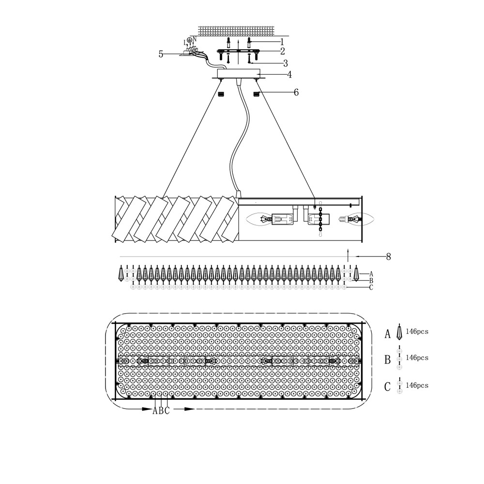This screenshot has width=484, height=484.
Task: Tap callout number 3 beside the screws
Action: click(x=286, y=63)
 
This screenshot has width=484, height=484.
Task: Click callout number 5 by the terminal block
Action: click(x=161, y=54)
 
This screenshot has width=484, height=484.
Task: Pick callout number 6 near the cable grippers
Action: click(x=296, y=92)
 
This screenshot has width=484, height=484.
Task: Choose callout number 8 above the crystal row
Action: click(x=388, y=257)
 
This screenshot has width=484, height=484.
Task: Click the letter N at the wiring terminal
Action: click(x=195, y=39)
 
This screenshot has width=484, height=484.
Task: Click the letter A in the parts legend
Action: click(x=387, y=333)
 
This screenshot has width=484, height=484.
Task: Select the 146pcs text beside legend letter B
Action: click(x=417, y=358)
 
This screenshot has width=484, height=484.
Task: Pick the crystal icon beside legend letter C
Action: click(x=400, y=386)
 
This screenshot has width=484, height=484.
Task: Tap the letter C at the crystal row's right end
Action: click(x=371, y=287)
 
